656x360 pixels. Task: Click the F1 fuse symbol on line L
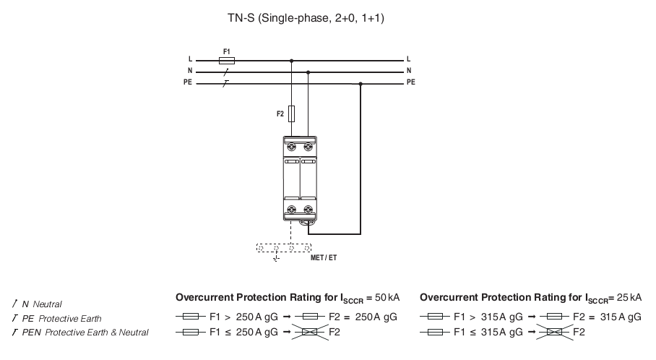(x=227, y=61)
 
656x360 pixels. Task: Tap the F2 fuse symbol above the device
(x=291, y=114)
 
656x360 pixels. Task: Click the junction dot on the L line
(x=292, y=61)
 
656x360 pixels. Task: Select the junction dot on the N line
(x=308, y=72)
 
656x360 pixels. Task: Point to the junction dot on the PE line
(x=361, y=84)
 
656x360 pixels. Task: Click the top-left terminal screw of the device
(x=292, y=147)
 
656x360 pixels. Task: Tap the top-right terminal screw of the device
(x=308, y=147)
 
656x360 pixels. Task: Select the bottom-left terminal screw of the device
(x=292, y=209)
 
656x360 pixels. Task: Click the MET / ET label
(x=324, y=258)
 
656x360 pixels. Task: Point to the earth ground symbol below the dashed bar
(x=276, y=259)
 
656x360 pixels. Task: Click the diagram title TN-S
(x=241, y=18)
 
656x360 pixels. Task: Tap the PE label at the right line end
(x=411, y=82)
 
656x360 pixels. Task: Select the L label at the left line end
(x=190, y=59)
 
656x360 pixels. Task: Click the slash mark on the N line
(x=226, y=72)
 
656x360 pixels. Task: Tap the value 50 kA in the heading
(x=387, y=298)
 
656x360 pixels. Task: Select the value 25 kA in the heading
(x=629, y=298)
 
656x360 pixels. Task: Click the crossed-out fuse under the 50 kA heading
(x=310, y=332)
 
